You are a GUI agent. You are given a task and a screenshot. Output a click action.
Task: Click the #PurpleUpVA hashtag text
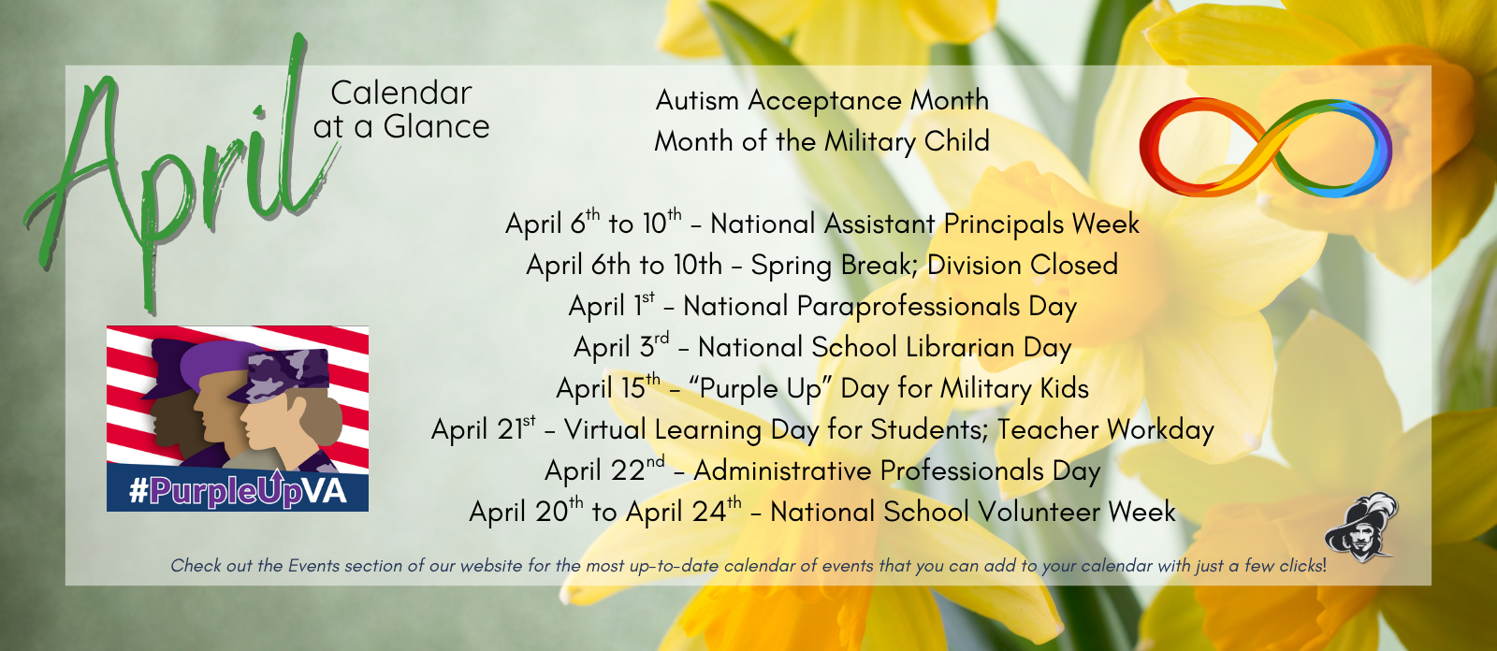point(238,490)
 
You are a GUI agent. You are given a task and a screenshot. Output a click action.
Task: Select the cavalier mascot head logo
point(1359,528)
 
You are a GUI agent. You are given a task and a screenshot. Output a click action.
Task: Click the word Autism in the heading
point(698,100)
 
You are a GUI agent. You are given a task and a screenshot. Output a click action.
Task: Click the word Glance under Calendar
point(436,127)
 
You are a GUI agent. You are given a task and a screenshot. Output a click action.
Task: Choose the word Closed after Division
point(1073,265)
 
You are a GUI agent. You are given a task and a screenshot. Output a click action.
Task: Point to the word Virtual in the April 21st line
point(604,430)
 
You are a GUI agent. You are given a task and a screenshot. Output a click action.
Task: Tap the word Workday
point(1160,430)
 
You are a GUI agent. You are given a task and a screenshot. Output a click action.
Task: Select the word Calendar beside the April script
point(400,94)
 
